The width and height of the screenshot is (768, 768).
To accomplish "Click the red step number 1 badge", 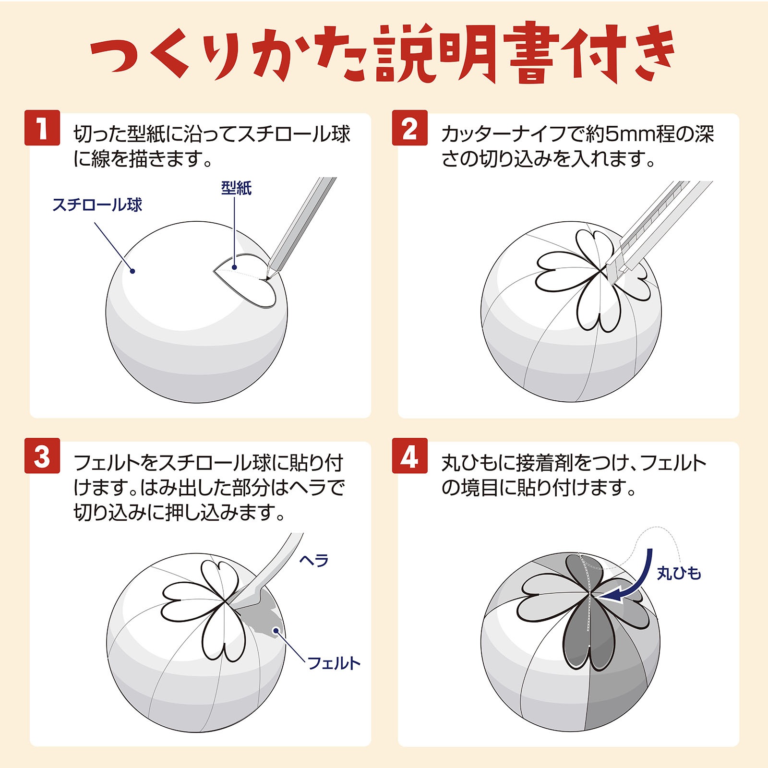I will pyautogui.click(x=42, y=128).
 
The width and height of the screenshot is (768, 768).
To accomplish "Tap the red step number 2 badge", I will pyautogui.click(x=409, y=128).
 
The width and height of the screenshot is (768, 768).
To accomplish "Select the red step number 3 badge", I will pyautogui.click(x=42, y=456).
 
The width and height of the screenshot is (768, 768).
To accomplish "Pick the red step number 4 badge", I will pyautogui.click(x=409, y=456).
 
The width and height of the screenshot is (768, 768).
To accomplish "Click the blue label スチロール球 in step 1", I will pyautogui.click(x=97, y=205).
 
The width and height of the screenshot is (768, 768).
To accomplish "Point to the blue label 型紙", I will pyautogui.click(x=236, y=188).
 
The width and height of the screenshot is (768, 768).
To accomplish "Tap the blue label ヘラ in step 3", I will pyautogui.click(x=314, y=560).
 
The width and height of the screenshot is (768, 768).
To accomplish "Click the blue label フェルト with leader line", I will pyautogui.click(x=334, y=663).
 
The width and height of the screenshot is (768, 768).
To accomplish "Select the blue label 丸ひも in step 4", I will pyautogui.click(x=679, y=573).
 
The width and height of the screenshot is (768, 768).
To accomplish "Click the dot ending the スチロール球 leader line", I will pyautogui.click(x=133, y=271).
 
